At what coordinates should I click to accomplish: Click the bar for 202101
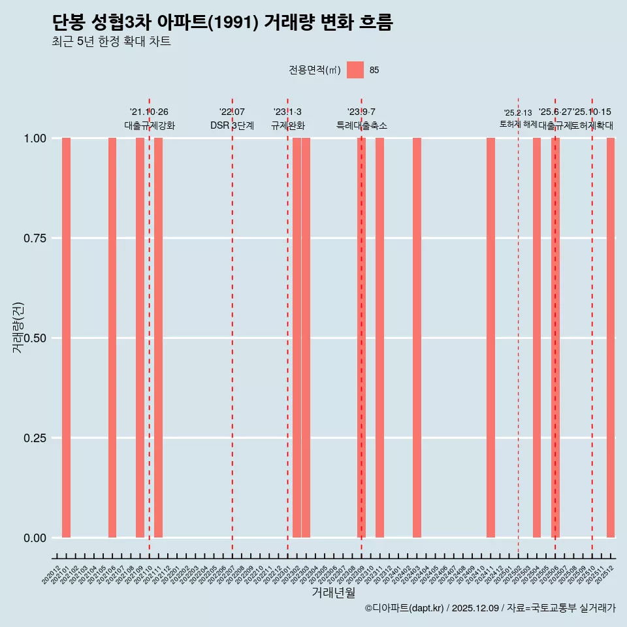click(x=66, y=338)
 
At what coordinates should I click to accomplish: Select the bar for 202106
click(x=112, y=338)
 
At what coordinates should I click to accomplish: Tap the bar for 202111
click(x=158, y=338)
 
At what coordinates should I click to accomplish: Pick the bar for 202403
click(x=417, y=338)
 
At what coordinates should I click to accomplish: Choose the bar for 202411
click(x=490, y=338)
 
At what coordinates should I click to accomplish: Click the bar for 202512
click(x=611, y=338)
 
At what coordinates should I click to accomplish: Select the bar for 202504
click(x=537, y=338)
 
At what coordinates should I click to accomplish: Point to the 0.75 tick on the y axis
click(x=35, y=238)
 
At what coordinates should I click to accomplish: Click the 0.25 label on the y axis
click(x=35, y=438)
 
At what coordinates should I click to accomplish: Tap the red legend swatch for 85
click(x=355, y=70)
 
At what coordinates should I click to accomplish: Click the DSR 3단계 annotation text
click(x=232, y=125)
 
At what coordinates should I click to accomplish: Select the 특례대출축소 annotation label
click(x=361, y=125)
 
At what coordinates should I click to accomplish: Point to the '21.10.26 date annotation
click(x=149, y=112)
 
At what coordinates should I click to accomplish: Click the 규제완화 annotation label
click(x=287, y=125)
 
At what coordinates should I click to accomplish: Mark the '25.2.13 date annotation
click(x=518, y=112)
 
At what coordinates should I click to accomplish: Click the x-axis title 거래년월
click(x=333, y=592)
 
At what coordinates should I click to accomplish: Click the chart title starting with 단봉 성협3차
click(x=222, y=23)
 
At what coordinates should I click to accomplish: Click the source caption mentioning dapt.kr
click(x=490, y=608)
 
